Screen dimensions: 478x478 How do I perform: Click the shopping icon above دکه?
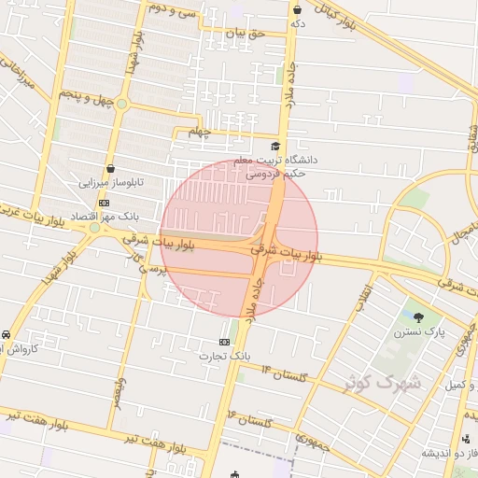[297, 9]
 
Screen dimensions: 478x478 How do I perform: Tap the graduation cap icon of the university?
[274, 146]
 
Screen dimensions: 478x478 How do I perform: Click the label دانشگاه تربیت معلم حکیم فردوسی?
[281, 166]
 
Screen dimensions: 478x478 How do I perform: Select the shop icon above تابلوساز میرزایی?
[112, 169]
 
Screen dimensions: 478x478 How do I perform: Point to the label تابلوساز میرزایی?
[111, 183]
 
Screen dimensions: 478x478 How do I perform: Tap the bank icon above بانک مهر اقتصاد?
[105, 203]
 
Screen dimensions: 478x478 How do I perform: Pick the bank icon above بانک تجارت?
[224, 342]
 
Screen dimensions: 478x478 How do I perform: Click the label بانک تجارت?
[226, 356]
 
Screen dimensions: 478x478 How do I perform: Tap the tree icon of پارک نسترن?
[417, 317]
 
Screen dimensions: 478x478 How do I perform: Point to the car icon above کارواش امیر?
[7, 334]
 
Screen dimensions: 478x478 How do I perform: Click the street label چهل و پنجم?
[86, 96]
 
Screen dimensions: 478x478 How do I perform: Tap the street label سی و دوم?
[174, 12]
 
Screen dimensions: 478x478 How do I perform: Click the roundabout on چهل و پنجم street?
[121, 104]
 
